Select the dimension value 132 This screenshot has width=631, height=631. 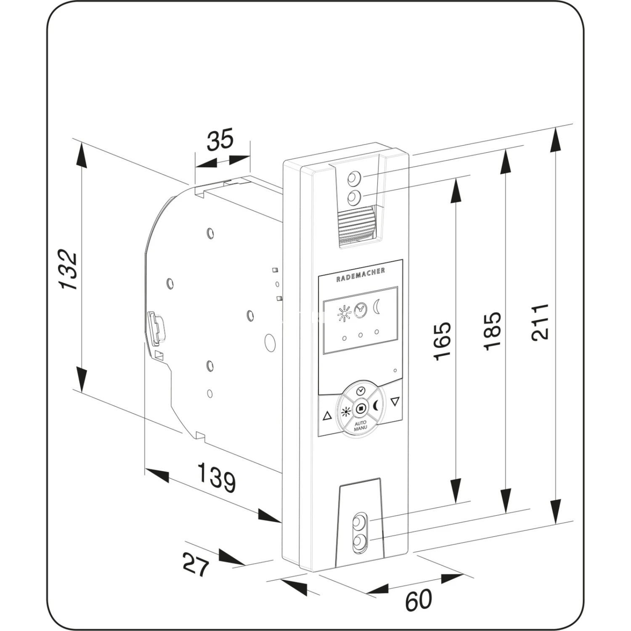tap(69, 270)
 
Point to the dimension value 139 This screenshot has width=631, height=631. tap(216, 477)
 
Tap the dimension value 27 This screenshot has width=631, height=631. tap(196, 565)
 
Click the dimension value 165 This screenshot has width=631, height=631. tap(442, 341)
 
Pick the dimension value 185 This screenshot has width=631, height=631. tap(492, 331)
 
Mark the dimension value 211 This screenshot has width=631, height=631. tap(540, 322)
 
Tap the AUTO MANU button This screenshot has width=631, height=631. tap(361, 425)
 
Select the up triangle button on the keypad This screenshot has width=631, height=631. tap(327, 416)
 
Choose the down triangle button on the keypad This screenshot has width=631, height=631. tap(395, 402)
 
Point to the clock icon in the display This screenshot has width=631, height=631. tap(361, 310)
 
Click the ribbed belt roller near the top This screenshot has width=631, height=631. tap(356, 225)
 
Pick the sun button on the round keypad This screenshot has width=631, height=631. tap(346, 411)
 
